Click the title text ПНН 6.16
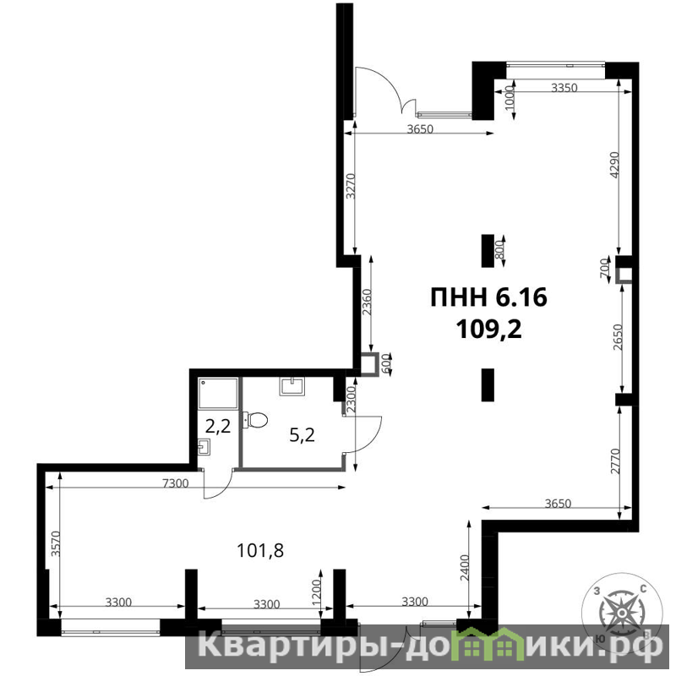point(489,298)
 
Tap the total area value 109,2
point(489,330)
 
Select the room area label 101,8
point(260,551)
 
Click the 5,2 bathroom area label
point(302,435)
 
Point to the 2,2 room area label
point(218,427)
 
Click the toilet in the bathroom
point(255,420)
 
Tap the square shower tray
point(218,394)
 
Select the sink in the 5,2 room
point(292,386)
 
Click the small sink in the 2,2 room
point(204,447)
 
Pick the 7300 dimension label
point(176,483)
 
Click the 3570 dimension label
point(55,543)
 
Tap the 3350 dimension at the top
point(564,88)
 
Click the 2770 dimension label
point(615,461)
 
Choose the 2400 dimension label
point(464,568)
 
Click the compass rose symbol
point(622,613)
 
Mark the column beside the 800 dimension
point(488,251)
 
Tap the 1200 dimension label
point(316,592)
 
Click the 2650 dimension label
point(618,337)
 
